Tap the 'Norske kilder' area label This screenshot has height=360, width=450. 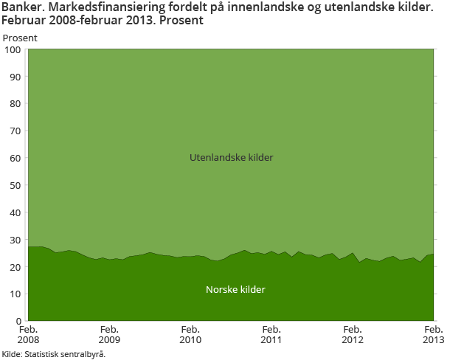235,290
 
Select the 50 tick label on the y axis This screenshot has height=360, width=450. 15,185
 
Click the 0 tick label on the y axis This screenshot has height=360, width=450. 18,321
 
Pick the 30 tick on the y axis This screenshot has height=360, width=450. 15,240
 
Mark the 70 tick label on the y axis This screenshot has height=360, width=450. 15,131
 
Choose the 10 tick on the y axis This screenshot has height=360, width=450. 15,294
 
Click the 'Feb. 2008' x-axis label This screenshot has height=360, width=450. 28,335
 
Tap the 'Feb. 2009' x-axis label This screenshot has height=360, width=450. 109,335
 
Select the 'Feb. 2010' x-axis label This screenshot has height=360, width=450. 190,335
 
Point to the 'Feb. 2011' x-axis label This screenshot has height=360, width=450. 271,335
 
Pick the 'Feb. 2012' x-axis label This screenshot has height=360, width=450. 353,335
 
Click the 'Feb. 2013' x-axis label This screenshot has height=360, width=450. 433,335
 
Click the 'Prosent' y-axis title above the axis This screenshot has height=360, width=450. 20,38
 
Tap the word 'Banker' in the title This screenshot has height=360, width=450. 22,8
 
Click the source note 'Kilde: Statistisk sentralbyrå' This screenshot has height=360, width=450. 54,354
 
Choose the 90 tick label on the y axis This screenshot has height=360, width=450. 15,77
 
